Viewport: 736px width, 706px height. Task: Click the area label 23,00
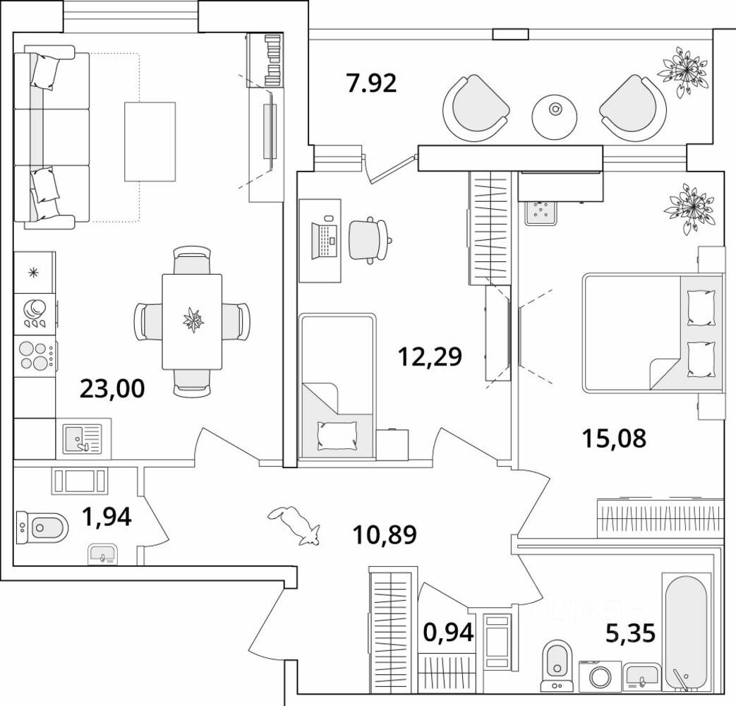point(112,389)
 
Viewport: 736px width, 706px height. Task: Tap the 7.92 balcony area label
point(371,83)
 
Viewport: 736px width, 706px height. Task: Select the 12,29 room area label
point(430,357)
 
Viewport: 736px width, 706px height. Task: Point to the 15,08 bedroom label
point(614,438)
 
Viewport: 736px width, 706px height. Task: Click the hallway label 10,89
point(385,535)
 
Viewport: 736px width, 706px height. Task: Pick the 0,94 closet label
point(448,633)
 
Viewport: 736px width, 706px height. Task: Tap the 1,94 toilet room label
point(107,517)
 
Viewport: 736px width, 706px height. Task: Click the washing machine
point(600,676)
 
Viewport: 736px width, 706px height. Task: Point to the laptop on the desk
point(325,240)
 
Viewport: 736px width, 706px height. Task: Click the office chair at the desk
point(369,239)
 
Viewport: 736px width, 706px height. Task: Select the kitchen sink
point(83,438)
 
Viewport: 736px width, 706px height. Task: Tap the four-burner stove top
point(36,356)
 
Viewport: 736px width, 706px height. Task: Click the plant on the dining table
point(193,320)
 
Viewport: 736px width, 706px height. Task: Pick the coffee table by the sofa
point(150,141)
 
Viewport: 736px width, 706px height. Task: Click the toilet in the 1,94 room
point(42,527)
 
